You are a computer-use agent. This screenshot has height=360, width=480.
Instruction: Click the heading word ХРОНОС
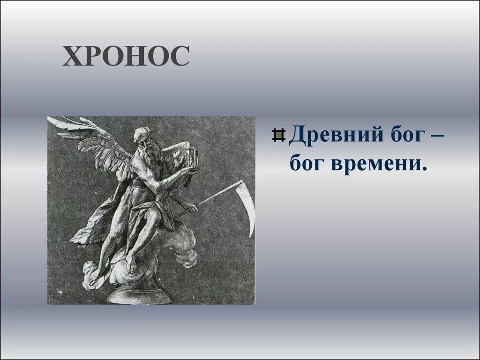point(126,56)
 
